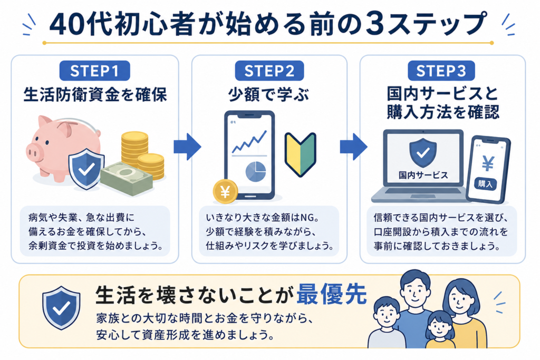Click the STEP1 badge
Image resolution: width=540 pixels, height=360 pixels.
[x=95, y=71]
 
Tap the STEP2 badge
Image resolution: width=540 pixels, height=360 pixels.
[x=269, y=71]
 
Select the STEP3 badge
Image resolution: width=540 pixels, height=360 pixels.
[x=441, y=71]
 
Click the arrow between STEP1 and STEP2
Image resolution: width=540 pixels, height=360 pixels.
[x=187, y=147]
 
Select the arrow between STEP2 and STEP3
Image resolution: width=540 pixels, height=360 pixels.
[x=353, y=147]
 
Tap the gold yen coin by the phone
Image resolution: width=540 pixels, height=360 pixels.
[x=225, y=192]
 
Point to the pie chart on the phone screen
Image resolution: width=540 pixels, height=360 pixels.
[x=256, y=172]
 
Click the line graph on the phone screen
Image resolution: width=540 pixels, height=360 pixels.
[x=249, y=142]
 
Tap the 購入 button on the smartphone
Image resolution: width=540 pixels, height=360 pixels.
[x=485, y=183]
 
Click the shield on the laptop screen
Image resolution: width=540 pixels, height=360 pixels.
[x=423, y=153]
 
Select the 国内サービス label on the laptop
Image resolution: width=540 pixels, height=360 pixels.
[x=423, y=175]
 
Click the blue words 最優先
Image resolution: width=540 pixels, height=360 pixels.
[x=332, y=294]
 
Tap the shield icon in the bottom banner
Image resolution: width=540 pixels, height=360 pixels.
[x=61, y=308]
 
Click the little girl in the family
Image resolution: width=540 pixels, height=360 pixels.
[x=440, y=330]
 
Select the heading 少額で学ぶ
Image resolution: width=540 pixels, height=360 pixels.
[x=269, y=95]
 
